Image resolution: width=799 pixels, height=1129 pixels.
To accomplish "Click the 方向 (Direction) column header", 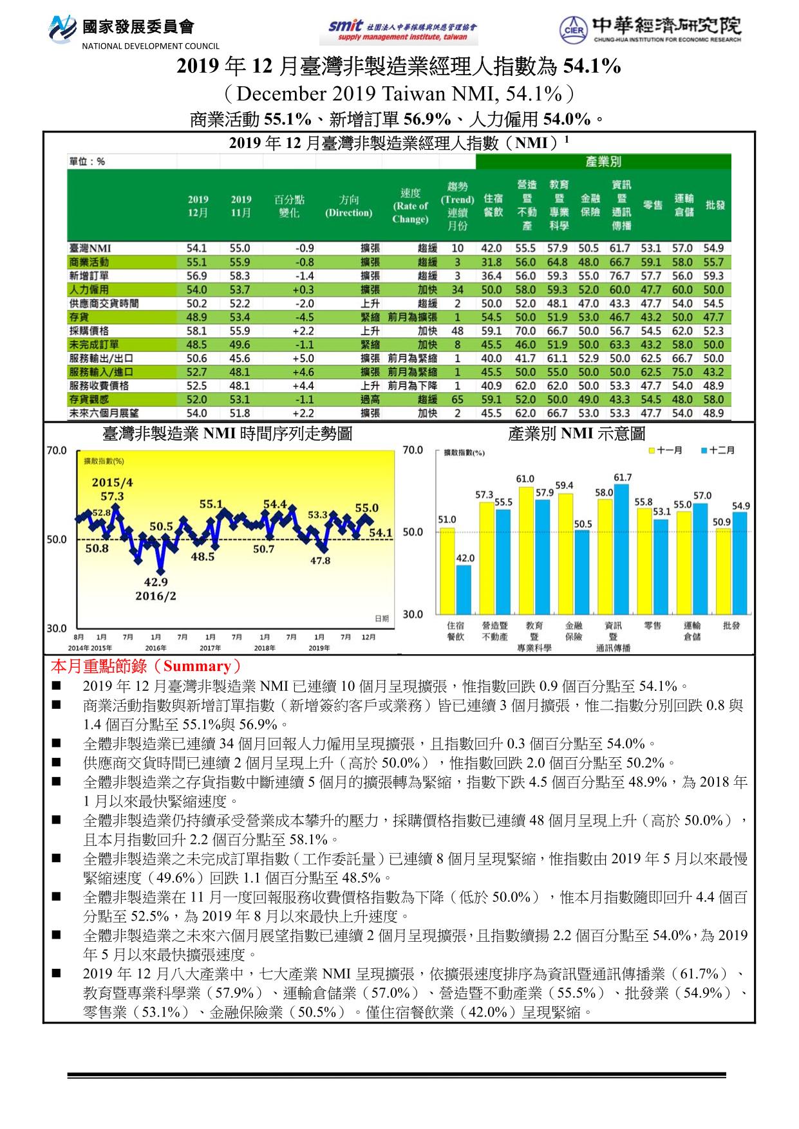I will click(x=348, y=206).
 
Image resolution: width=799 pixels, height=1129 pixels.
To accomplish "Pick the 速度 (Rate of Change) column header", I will click(x=410, y=206).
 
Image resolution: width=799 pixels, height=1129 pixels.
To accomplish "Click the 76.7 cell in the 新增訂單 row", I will click(x=620, y=276).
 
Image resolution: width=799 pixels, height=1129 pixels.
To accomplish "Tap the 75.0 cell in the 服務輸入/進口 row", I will click(x=683, y=372).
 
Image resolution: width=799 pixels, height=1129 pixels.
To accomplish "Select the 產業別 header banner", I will click(x=603, y=161).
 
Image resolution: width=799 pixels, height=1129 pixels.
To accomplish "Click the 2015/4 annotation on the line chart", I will click(x=112, y=482).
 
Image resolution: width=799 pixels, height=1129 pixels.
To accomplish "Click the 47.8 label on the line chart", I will click(x=320, y=560).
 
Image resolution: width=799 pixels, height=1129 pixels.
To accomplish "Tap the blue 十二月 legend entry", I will click(x=717, y=450).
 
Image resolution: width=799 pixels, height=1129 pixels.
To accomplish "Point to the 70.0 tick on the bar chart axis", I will click(x=413, y=450).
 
